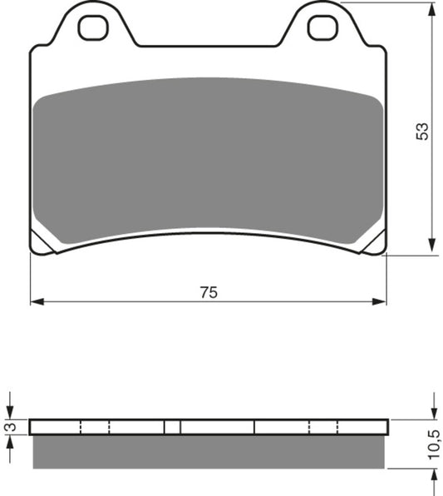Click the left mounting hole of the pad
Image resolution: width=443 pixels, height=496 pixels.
click(x=93, y=27)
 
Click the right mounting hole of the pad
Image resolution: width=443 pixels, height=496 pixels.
click(x=322, y=27)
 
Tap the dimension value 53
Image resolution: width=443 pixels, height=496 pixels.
click(x=422, y=131)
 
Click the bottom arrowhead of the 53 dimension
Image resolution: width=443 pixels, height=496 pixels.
click(x=431, y=246)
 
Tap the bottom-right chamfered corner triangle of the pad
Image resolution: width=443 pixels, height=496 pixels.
click(x=375, y=244)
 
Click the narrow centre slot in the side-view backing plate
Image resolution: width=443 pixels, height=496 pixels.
click(x=172, y=427)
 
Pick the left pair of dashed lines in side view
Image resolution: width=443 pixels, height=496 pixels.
click(x=95, y=427)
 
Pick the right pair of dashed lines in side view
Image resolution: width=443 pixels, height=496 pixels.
click(x=323, y=427)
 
